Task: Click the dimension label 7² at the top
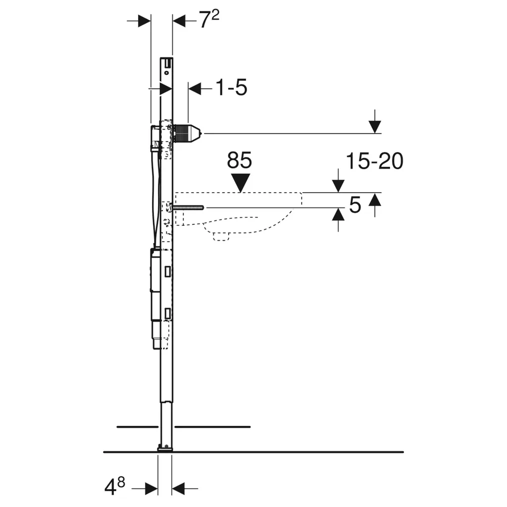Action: pyautogui.click(x=209, y=20)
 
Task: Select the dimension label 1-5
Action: pyautogui.click(x=231, y=87)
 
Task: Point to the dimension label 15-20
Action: pyautogui.click(x=374, y=161)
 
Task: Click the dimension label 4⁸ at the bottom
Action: pyautogui.click(x=115, y=487)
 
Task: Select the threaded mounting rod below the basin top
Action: pyautogui.click(x=188, y=208)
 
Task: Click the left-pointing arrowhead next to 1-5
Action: pyautogui.click(x=195, y=88)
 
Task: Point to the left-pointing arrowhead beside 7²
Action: pyautogui.click(x=179, y=21)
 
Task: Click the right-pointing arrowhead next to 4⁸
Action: pyautogui.click(x=152, y=489)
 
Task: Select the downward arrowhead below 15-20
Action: pyautogui.click(x=338, y=187)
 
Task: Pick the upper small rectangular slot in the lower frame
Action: pyautogui.click(x=167, y=272)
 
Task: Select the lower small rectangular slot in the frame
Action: pyautogui.click(x=167, y=313)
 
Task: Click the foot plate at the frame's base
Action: pyautogui.click(x=165, y=448)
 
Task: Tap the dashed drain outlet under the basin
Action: pyautogui.click(x=221, y=237)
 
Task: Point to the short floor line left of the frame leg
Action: pyautogui.click(x=138, y=427)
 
